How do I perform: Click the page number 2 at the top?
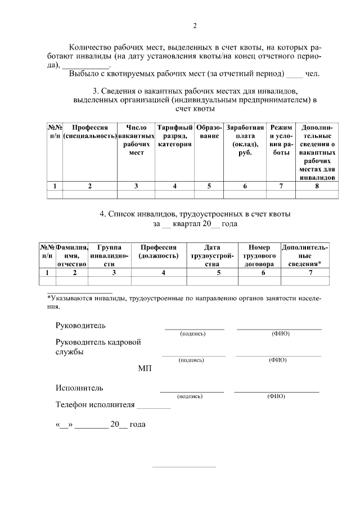point(195,26)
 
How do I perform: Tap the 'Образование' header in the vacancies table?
point(209,132)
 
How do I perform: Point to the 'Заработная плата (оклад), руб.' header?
point(245,140)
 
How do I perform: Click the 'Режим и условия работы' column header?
point(281,140)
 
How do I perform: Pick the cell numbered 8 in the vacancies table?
point(317,186)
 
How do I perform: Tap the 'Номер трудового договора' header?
point(259,255)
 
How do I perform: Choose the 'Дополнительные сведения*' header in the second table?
point(305,255)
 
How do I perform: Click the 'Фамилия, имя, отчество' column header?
point(72,255)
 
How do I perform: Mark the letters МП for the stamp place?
point(145,369)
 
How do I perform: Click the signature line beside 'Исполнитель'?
point(192,390)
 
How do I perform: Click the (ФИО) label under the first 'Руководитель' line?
point(280,334)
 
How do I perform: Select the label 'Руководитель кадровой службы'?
point(97,347)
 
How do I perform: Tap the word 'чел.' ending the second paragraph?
point(312,74)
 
